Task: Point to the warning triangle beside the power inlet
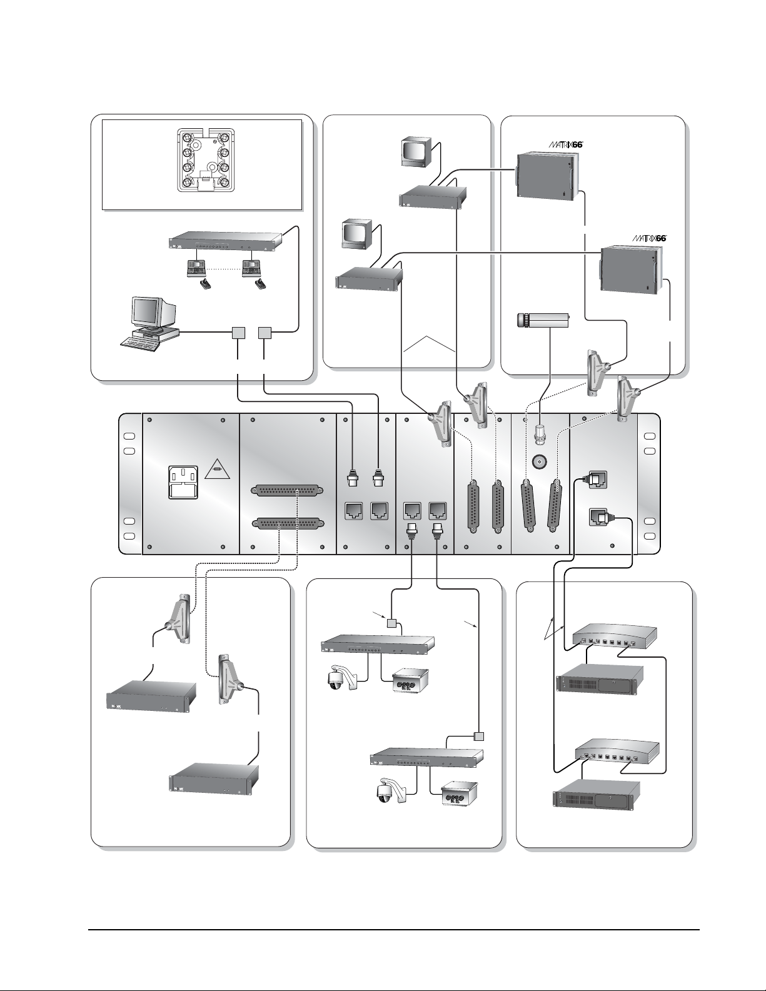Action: [216, 466]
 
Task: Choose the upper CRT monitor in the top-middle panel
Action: [415, 152]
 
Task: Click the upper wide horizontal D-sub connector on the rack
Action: [287, 492]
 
